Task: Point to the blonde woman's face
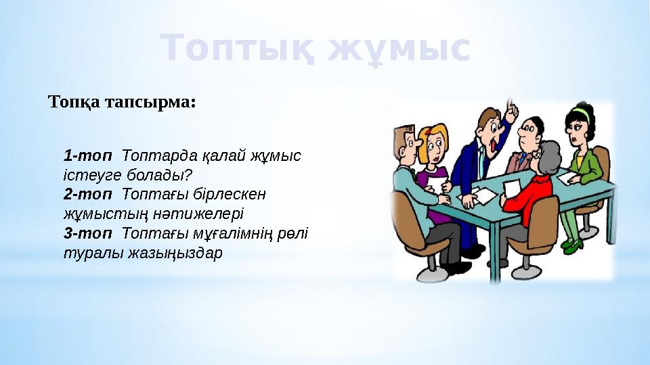click(433, 143)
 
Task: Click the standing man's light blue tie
click(481, 162)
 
